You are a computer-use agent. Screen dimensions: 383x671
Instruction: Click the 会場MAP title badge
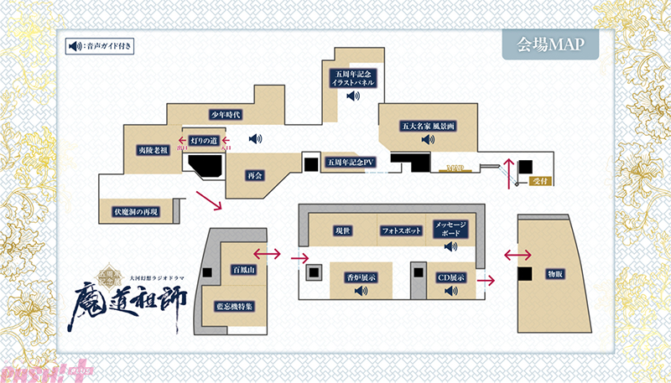[x=550, y=44]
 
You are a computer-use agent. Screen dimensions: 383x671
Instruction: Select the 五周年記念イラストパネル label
[x=351, y=80]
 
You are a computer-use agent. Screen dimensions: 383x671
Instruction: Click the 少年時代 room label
[x=225, y=114]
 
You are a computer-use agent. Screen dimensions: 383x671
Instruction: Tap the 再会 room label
[x=255, y=176]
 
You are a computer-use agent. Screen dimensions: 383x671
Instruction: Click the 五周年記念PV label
[x=351, y=162]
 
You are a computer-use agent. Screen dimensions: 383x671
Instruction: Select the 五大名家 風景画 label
[x=428, y=126]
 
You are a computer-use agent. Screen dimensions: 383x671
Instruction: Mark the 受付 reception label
[x=539, y=180]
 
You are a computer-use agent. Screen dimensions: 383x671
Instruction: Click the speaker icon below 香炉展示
[x=362, y=291]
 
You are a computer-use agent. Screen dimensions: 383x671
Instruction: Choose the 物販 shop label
[x=555, y=274]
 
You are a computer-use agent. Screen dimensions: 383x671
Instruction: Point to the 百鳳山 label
[x=242, y=270]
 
